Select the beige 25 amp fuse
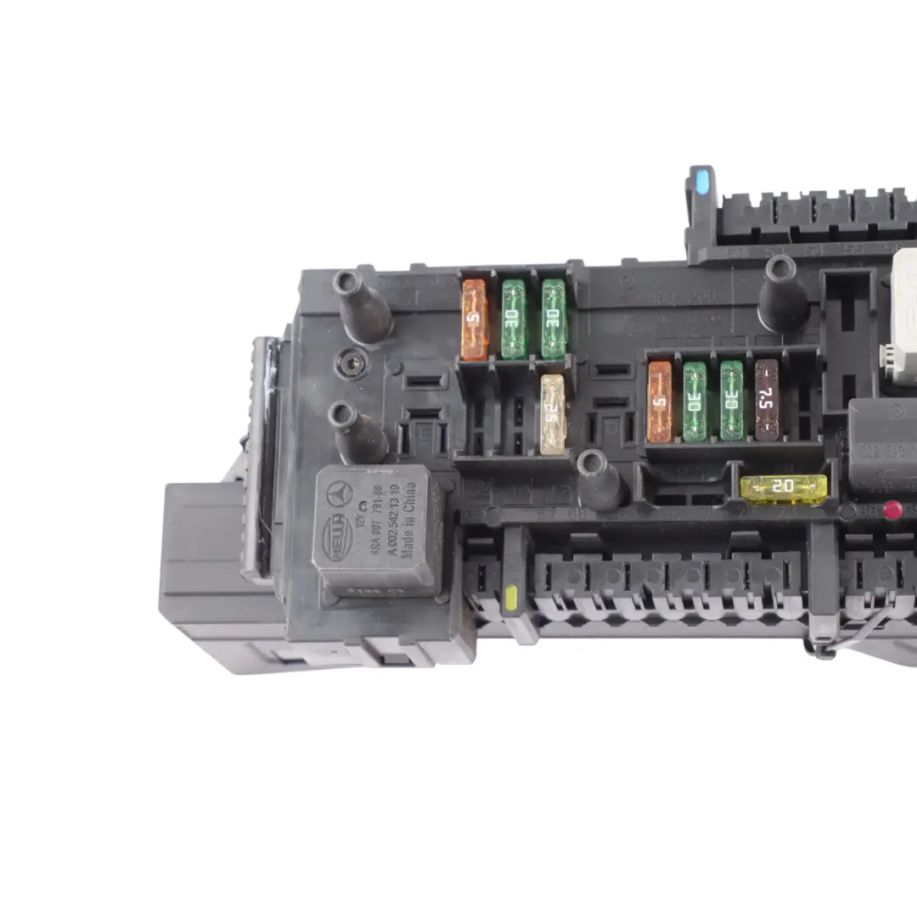coord(553,414)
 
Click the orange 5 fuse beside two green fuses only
coord(475,318)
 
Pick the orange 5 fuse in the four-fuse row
coord(660,402)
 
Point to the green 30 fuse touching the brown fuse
coord(732,401)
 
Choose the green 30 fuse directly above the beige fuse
coord(554,318)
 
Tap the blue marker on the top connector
coord(701,183)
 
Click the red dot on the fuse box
coord(892,509)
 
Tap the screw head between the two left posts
coord(348,364)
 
